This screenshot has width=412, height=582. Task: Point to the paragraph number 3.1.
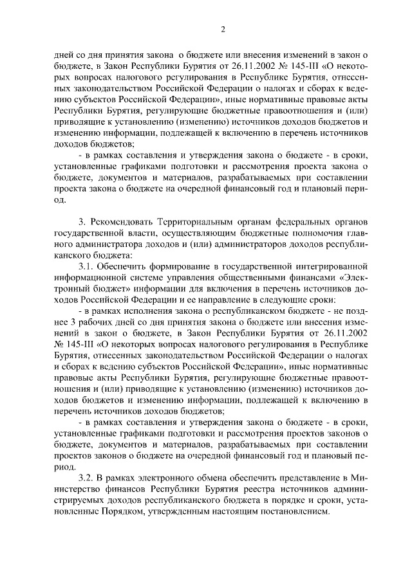[88, 265]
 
